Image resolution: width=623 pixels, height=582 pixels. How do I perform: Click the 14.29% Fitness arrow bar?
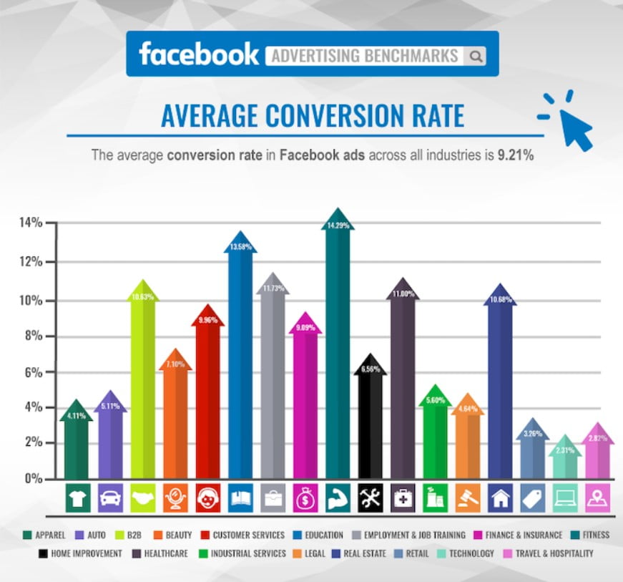338,358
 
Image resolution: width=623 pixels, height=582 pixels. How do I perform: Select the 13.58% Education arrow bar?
240,365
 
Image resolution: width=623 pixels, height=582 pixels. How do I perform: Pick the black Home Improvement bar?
371,422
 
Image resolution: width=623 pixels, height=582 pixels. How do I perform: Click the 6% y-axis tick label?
34,372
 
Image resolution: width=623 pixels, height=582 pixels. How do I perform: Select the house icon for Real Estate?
500,498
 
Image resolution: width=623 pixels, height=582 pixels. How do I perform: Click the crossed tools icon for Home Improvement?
370,498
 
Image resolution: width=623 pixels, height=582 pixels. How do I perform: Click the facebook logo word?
198,54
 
